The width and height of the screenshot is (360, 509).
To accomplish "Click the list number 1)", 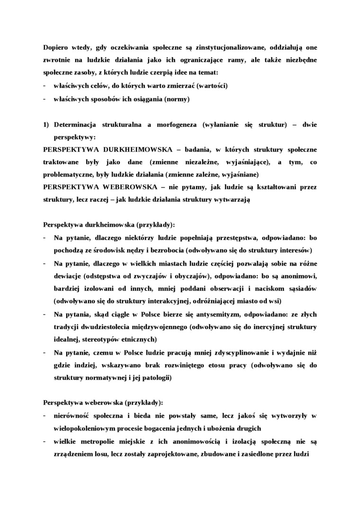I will click(x=46, y=125).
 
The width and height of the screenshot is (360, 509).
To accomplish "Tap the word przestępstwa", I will click(x=236, y=238).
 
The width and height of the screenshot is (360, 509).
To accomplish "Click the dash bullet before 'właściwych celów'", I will click(x=44, y=86).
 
